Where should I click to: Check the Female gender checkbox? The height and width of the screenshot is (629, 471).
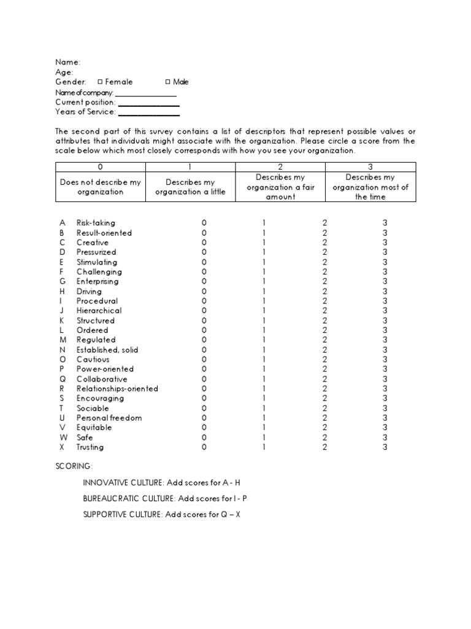click(100, 82)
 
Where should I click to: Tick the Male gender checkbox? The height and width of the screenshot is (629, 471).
click(168, 82)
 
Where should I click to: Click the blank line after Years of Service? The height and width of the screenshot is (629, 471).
click(148, 112)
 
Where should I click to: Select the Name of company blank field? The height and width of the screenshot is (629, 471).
click(146, 93)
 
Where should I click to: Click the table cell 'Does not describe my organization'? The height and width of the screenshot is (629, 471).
click(101, 187)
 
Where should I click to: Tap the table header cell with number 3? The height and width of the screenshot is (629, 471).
click(370, 166)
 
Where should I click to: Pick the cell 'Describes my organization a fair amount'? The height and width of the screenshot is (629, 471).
click(280, 187)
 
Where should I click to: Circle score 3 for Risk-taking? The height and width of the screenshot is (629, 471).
click(385, 223)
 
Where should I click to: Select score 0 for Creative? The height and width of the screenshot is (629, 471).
click(204, 243)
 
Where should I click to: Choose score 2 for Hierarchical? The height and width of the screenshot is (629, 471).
click(325, 311)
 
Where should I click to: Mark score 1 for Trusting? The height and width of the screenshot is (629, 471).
click(264, 447)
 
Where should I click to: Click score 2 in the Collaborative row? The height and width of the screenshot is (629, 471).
click(325, 379)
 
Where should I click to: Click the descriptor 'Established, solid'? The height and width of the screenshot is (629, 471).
click(107, 350)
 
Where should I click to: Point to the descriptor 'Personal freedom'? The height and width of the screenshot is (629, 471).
click(109, 418)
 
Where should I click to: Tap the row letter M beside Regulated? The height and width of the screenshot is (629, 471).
click(62, 340)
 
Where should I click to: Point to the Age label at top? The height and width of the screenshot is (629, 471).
click(64, 72)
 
